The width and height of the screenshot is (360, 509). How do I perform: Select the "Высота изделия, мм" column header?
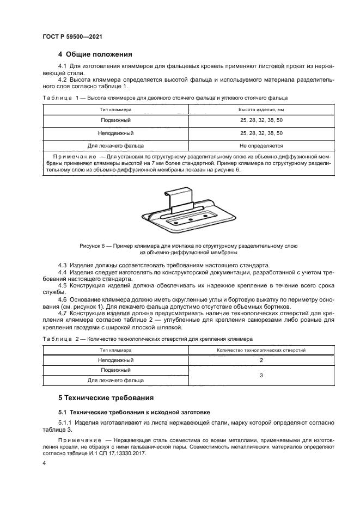(x=261, y=109)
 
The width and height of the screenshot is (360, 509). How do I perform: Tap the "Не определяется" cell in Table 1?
(x=261, y=146)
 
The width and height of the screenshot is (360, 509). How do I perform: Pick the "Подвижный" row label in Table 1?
(x=115, y=120)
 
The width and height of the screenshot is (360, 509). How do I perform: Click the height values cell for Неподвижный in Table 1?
(x=261, y=133)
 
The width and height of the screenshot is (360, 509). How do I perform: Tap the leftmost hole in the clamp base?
(x=175, y=222)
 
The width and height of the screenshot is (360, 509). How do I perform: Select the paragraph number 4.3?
(x=63, y=264)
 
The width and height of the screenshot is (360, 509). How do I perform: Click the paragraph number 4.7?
(x=63, y=315)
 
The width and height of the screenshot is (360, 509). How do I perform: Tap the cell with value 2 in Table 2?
(x=261, y=360)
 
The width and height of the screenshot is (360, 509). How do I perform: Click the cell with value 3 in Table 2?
(x=261, y=375)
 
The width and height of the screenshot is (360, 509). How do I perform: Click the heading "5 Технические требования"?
(x=106, y=397)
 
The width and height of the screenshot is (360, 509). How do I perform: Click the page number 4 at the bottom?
(x=44, y=463)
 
